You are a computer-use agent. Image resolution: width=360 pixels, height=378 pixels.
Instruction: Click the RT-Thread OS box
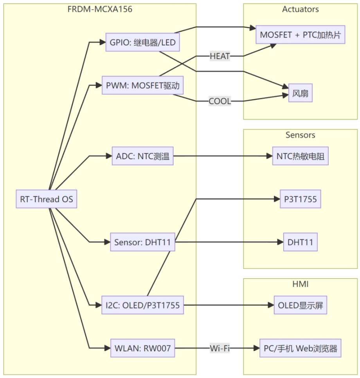47,199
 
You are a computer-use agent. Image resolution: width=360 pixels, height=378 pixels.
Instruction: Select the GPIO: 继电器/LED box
143,43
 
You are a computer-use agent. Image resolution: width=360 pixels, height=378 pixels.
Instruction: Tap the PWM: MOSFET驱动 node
143,85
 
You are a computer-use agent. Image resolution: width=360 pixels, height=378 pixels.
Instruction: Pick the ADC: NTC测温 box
142,156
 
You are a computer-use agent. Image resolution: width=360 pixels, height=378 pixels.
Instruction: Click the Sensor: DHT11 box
142,242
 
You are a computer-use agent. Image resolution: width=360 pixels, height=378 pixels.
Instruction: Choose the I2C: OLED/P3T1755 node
142,305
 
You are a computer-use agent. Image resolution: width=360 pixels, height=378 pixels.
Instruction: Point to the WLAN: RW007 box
142,348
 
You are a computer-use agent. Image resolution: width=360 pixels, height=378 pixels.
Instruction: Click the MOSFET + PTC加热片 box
301,35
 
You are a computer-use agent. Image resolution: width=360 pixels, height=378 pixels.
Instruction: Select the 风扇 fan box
301,94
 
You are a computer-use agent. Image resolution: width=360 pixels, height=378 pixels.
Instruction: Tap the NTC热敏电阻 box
301,156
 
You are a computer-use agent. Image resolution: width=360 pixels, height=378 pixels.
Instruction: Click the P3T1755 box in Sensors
301,200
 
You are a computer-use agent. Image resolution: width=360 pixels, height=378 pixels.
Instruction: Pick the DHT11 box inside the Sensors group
301,242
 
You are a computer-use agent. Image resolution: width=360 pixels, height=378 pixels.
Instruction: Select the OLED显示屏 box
301,306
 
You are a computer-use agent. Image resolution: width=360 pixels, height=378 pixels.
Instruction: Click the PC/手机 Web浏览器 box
301,348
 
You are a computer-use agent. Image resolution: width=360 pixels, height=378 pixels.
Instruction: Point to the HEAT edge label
220,56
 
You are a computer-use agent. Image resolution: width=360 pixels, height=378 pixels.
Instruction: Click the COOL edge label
220,101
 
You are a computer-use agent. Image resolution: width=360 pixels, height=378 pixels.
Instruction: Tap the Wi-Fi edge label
220,348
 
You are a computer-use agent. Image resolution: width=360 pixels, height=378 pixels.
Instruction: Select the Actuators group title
301,9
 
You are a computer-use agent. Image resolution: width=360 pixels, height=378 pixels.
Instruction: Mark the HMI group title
301,284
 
